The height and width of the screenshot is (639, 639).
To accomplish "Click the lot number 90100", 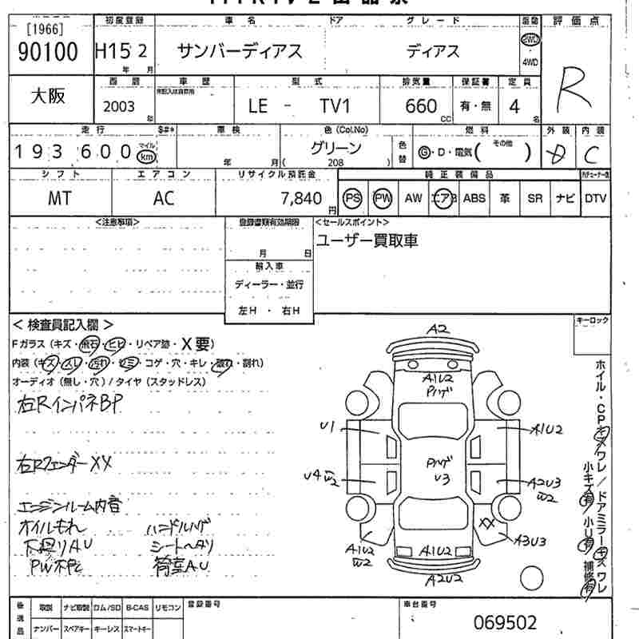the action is tap(47, 53).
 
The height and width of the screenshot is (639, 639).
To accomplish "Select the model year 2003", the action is tap(119, 106).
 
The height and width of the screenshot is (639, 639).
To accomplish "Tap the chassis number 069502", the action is tap(505, 622).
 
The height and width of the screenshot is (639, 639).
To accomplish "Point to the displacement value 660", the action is tap(421, 106).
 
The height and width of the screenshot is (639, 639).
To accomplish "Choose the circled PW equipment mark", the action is tap(383, 198).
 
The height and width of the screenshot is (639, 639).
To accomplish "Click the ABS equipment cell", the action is tap(474, 198).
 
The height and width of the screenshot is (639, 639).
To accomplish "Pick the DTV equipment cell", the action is tap(595, 198).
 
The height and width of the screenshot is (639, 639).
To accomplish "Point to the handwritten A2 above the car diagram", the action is tap(438, 329).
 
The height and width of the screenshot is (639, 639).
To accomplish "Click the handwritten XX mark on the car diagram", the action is tap(486, 522).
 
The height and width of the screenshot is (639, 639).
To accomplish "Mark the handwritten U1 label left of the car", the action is tap(326, 427).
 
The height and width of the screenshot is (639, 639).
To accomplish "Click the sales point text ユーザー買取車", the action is tap(367, 240).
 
